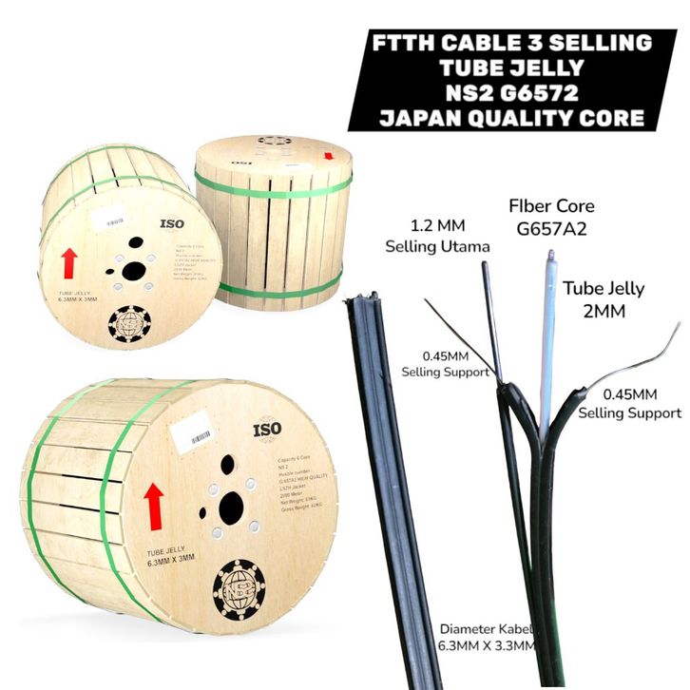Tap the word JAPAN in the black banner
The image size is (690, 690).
(429, 119)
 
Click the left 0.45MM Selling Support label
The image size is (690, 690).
(445, 364)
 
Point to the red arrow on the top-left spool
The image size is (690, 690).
(69, 265)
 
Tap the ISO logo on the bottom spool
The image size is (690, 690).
(267, 431)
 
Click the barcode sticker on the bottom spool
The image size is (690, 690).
(200, 437)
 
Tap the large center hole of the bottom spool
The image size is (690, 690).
(230, 509)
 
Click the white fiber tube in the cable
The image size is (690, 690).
(548, 342)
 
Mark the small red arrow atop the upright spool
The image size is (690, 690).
(330, 156)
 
